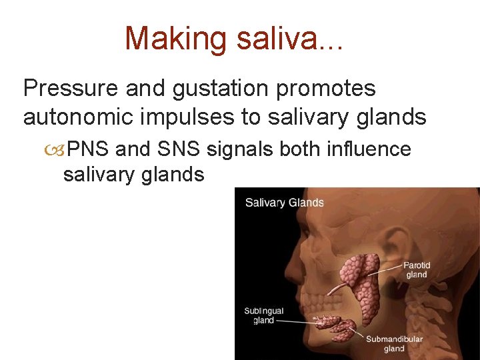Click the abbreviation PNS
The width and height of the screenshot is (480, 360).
[89, 149]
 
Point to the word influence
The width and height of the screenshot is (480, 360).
[369, 149]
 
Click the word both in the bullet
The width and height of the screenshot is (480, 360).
[299, 149]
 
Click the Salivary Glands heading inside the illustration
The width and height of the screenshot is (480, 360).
[284, 203]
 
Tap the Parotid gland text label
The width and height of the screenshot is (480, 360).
[417, 270]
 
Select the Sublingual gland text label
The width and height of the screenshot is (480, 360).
[263, 315]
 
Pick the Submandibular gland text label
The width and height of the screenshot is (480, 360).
[394, 343]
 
